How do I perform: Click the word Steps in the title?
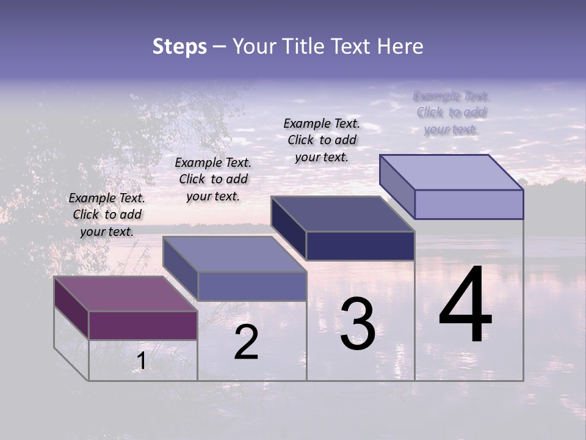[179, 46]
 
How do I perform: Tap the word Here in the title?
[400, 46]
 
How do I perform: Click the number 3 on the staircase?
[357, 324]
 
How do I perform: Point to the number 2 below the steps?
[246, 342]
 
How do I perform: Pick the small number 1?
[141, 361]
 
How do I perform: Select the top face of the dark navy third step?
[342, 214]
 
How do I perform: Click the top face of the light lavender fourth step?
[451, 172]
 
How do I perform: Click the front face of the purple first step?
[143, 325]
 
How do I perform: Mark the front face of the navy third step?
[360, 246]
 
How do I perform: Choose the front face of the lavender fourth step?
[469, 204]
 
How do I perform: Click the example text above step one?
[107, 215]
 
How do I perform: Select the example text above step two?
[213, 179]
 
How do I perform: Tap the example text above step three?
[322, 140]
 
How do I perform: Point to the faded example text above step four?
[451, 112]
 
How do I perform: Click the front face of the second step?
[252, 286]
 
